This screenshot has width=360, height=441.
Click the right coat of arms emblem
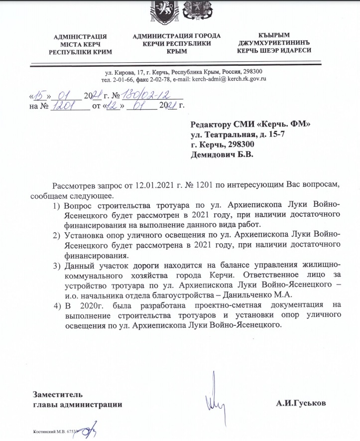(x=194, y=11)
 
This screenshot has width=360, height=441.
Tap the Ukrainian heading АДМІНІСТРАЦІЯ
(x=84, y=36)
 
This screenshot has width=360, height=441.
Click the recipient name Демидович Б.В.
(x=222, y=155)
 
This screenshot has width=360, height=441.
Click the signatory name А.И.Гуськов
(x=302, y=404)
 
